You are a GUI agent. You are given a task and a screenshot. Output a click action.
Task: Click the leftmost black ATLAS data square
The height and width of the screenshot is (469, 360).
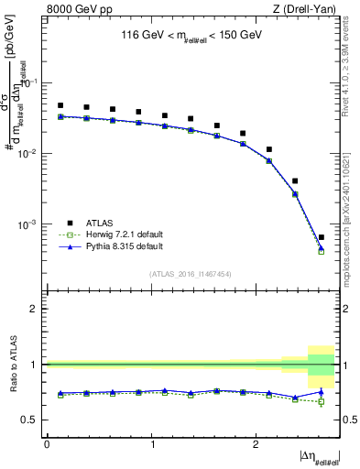(60, 105)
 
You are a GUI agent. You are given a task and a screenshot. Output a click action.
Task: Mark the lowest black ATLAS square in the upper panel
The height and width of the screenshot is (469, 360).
(321, 237)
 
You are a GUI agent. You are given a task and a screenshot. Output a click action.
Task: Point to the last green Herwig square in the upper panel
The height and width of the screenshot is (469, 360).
(321, 250)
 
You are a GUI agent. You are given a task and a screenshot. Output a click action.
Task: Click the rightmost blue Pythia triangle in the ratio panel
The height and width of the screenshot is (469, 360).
(321, 392)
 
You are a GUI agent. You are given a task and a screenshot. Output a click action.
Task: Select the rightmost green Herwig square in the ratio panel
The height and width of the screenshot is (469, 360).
(321, 402)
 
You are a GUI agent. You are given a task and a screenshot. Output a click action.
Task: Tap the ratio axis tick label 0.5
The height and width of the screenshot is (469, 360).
(29, 420)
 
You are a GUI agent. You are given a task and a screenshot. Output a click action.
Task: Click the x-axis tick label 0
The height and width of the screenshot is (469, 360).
(47, 443)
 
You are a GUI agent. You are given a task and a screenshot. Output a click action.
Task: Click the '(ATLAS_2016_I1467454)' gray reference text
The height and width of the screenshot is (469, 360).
(190, 273)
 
